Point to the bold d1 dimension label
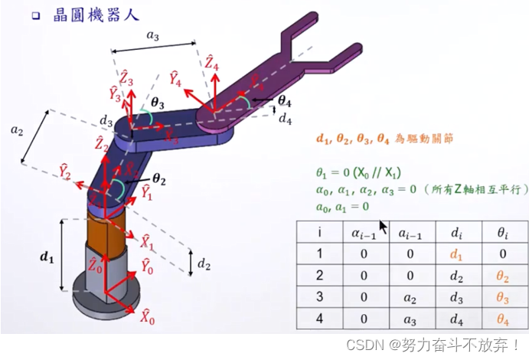click(48, 258)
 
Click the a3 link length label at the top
click(153, 35)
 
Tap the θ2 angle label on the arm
click(159, 178)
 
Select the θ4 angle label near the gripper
click(284, 100)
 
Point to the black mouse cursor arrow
click(383, 227)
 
